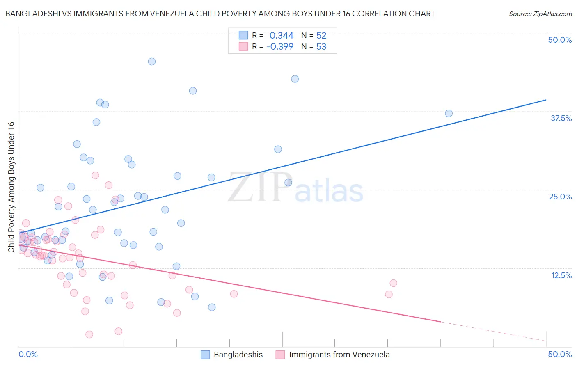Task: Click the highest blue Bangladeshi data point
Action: tap(151, 62)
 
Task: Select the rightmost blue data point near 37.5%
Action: tap(449, 113)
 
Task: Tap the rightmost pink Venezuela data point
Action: tap(393, 283)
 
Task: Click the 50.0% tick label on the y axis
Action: tap(560, 40)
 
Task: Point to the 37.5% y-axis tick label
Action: tap(561, 118)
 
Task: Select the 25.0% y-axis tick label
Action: tap(560, 197)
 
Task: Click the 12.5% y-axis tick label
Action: tap(561, 275)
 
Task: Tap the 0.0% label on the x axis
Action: tap(28, 354)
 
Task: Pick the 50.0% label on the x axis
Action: tap(560, 354)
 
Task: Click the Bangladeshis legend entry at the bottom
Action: tap(238, 355)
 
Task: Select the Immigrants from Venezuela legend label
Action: tap(339, 355)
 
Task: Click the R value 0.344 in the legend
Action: tap(281, 36)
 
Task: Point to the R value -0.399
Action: tap(279, 47)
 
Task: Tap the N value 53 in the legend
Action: tap(321, 47)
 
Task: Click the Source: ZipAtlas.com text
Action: tap(540, 14)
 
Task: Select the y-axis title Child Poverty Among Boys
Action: tap(11, 187)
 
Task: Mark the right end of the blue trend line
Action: tap(546, 100)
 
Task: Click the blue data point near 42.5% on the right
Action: tap(295, 79)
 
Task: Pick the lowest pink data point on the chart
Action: tap(89, 334)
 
